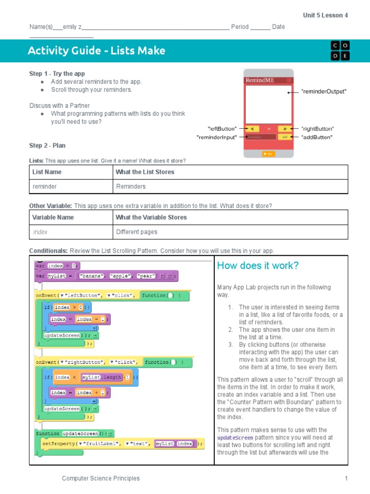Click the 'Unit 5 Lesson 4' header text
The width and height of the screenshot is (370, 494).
click(x=325, y=15)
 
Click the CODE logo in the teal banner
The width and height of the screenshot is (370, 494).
click(x=340, y=51)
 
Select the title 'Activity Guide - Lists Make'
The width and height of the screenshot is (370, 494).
click(x=96, y=51)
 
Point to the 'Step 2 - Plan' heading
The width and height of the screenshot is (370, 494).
click(x=47, y=146)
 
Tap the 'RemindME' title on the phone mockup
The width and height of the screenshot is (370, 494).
click(x=260, y=80)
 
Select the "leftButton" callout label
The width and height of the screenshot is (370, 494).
click(x=222, y=129)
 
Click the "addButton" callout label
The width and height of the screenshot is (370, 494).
click(x=317, y=137)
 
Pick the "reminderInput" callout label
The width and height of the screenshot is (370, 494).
click(x=217, y=137)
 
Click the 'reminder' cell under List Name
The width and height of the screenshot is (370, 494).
click(x=44, y=186)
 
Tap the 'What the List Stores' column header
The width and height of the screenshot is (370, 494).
click(x=145, y=172)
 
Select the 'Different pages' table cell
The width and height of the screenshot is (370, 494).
click(x=137, y=232)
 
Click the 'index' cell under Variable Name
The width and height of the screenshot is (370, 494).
click(x=40, y=232)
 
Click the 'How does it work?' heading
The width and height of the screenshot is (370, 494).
click(x=258, y=266)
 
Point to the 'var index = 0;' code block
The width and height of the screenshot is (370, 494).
click(x=57, y=265)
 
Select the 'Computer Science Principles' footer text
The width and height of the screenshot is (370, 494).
click(x=101, y=479)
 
